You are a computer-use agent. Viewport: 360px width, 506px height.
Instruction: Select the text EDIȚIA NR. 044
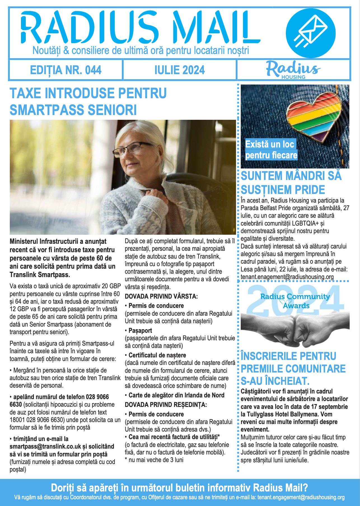point(66,70)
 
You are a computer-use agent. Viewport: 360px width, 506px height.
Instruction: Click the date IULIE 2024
point(180,70)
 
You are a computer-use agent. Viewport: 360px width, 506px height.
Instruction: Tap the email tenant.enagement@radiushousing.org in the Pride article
point(287,277)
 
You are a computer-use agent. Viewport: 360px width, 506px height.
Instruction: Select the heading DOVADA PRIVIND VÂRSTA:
point(161,296)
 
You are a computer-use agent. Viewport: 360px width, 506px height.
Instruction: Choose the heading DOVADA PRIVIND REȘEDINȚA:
point(166,405)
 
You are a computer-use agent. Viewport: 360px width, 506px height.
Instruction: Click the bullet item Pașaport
point(140,331)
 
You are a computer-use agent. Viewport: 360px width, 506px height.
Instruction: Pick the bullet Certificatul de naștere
point(157,355)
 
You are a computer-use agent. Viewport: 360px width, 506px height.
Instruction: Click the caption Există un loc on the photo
point(270,144)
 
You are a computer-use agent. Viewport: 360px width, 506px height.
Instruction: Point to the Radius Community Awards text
point(295,301)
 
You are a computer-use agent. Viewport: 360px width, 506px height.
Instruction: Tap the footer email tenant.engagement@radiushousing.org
point(301,497)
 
